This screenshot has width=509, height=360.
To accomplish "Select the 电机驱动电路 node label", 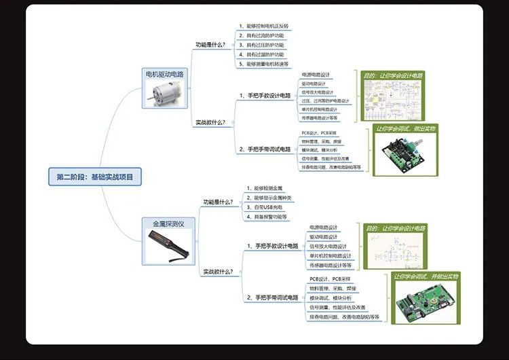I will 165,73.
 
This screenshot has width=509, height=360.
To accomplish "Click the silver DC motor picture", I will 164,93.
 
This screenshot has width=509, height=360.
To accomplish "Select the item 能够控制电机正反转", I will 267,25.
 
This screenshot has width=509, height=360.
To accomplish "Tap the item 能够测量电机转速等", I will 267,63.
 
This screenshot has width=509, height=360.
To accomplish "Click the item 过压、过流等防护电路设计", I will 325,101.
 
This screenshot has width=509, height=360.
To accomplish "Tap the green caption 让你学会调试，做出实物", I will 406,128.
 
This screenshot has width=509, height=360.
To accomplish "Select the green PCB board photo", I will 426,302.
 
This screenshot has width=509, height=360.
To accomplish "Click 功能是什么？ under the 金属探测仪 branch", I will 219,202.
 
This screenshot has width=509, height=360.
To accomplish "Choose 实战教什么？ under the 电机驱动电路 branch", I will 210,122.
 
